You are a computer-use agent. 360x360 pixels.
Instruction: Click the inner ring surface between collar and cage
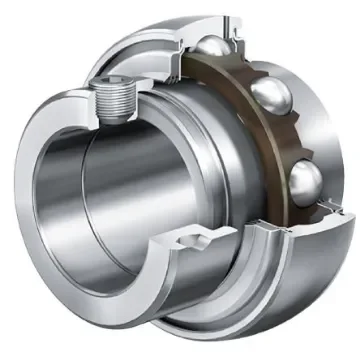(215, 150)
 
